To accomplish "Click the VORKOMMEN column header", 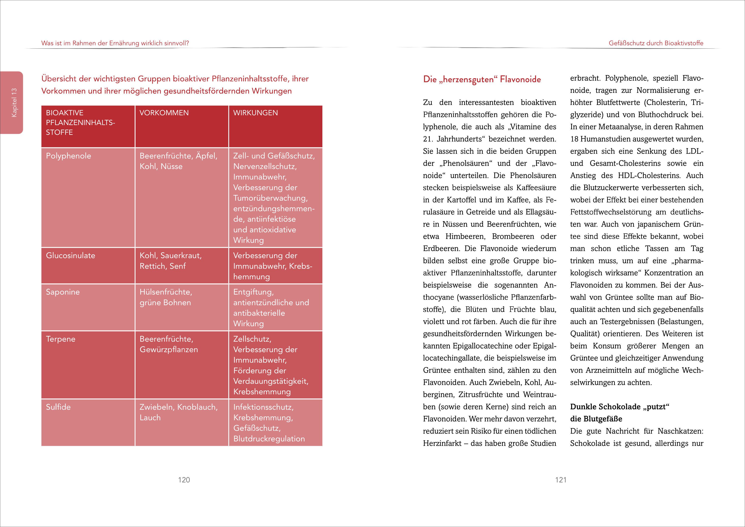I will [164, 113].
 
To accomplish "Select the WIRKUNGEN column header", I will [255, 113].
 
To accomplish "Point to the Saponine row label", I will [63, 292].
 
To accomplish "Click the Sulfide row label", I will [58, 407].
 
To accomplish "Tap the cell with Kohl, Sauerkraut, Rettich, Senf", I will [171, 261].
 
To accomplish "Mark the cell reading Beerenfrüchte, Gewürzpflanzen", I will [168, 344].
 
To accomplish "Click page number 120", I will [184, 480].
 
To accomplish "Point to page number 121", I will [561, 480].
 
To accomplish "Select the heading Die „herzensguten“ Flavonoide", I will [482, 79].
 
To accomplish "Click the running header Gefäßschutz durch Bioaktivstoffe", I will [656, 43].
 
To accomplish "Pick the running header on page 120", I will [115, 43].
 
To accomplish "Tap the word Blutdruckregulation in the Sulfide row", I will [269, 439].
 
